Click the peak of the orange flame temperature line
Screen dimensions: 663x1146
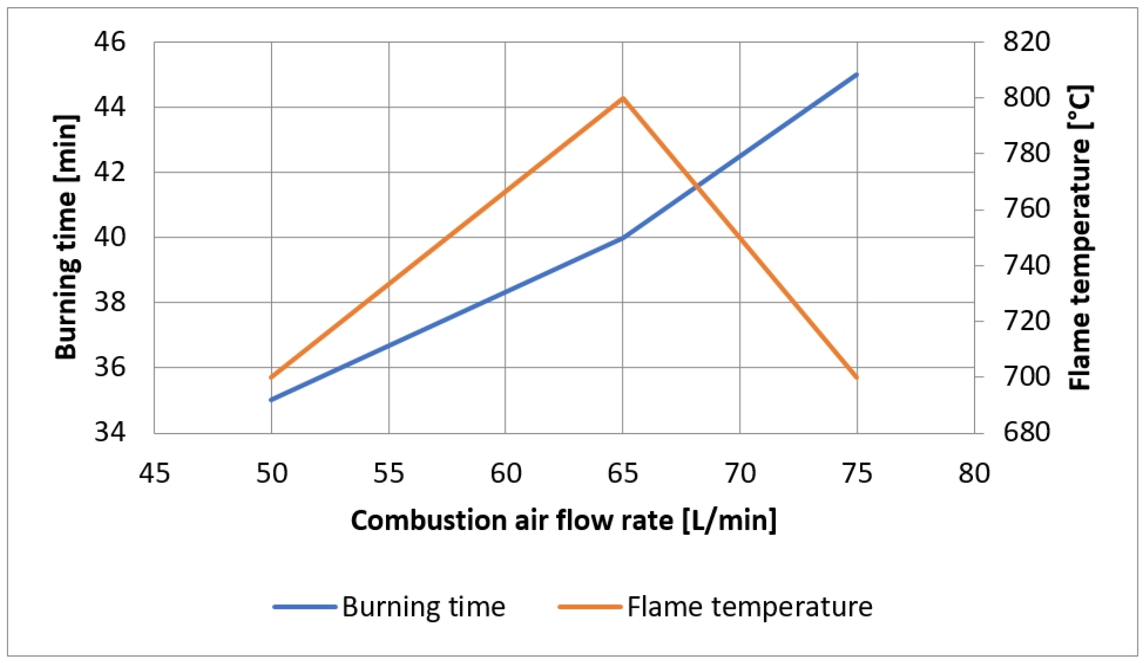click(623, 98)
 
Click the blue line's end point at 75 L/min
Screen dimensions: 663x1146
click(857, 74)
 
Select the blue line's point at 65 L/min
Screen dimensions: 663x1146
click(623, 238)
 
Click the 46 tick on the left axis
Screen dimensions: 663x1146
click(110, 42)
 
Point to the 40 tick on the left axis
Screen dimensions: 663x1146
click(110, 237)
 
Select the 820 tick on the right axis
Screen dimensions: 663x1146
click(1027, 42)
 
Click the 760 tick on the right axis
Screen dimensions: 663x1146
click(1027, 210)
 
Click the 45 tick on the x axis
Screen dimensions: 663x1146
click(155, 473)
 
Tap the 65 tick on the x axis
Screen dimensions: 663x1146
click(623, 473)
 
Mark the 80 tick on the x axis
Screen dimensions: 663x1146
click(974, 473)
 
